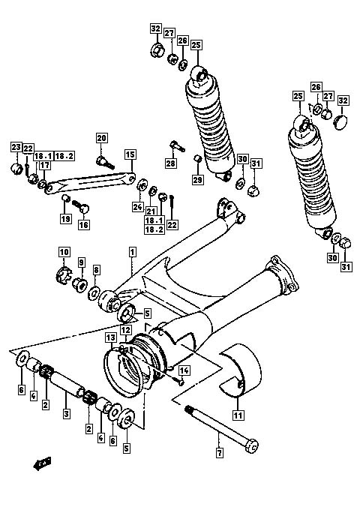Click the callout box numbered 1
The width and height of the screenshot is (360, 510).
132,252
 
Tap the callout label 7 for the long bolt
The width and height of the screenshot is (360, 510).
220,452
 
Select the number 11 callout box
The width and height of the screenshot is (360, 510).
238,415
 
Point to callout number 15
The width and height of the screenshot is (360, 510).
130,154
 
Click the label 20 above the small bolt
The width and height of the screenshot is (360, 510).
101,138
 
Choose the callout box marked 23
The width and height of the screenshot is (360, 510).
16,147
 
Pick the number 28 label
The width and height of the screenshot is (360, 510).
171,163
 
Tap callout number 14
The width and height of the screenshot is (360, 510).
184,370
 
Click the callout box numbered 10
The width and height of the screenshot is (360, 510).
64,252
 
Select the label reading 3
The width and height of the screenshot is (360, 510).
66,414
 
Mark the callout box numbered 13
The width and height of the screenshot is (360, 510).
110,337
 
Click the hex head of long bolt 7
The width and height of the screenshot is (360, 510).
251,446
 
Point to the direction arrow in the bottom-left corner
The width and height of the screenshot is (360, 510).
42,463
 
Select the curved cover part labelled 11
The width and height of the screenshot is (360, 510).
241,370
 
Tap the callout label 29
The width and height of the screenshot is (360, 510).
198,179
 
